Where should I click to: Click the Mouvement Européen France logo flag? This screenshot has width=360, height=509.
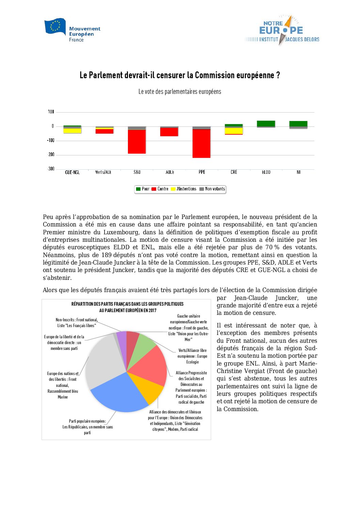pos(55,27)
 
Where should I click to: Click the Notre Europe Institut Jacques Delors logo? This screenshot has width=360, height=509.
pos(282,31)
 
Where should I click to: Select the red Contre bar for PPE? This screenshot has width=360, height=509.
pos(201,143)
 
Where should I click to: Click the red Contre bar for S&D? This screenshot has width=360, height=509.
pos(137,141)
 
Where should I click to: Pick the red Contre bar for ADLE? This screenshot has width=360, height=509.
pos(169,132)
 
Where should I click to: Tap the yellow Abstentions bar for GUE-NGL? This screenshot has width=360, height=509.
pos(72,131)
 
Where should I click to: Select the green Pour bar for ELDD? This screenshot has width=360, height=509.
pos(266,123)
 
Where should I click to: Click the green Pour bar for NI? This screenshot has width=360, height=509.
pos(298,124)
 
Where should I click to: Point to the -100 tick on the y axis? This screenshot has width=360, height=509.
pos(51,140)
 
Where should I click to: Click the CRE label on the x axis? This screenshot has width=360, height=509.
pos(234,172)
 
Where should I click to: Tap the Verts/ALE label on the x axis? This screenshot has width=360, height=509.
pos(103,172)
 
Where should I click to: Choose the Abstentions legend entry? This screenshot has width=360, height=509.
pos(184,189)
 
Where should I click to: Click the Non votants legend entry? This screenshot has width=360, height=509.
pos(212,189)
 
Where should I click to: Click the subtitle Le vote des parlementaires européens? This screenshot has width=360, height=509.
pos(180,92)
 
